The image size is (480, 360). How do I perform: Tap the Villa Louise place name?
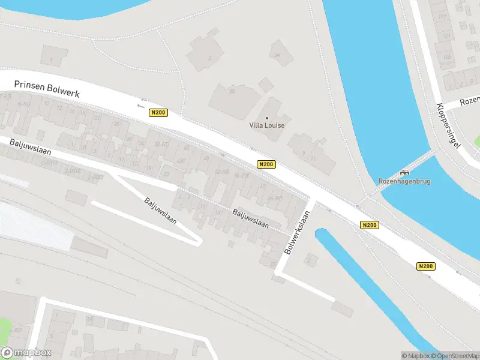pos(267,125)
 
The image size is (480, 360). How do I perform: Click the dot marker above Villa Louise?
pos(267,118)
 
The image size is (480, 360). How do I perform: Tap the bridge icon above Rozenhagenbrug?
pos(404,173)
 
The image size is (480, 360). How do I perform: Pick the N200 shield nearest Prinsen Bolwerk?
pos(158,112)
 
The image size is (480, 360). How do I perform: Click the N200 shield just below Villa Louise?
pos(266,164)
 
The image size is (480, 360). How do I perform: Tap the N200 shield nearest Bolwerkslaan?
pos(370,225)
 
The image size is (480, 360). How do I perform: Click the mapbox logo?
pos(26,353)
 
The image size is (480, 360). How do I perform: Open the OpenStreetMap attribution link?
pos(454,356)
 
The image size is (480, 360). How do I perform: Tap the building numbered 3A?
pos(277,55)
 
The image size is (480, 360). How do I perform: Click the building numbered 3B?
pos(232,91)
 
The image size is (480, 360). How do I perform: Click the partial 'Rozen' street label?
pos(469,102)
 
